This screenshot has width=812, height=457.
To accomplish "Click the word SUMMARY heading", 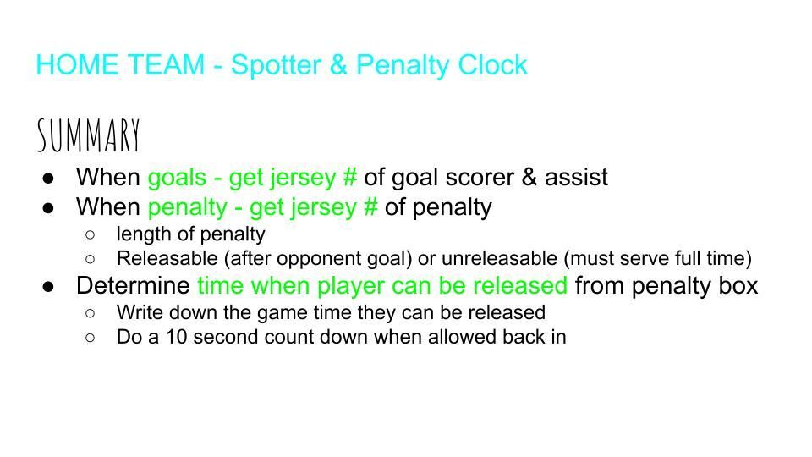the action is (x=89, y=135).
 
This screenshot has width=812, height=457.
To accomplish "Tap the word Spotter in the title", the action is (x=276, y=65).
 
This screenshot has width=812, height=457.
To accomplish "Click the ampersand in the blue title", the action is (x=338, y=65).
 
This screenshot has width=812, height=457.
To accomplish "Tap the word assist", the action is (x=576, y=177).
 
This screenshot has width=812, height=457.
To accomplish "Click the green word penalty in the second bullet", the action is (x=188, y=208).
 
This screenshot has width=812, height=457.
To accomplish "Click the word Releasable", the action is (x=167, y=258).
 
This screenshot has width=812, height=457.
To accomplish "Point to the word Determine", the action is (x=133, y=285).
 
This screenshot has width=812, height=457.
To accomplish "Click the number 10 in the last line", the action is (x=176, y=337).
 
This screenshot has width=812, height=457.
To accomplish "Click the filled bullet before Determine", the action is (x=49, y=287).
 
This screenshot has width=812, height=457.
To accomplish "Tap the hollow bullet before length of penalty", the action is (x=91, y=235).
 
